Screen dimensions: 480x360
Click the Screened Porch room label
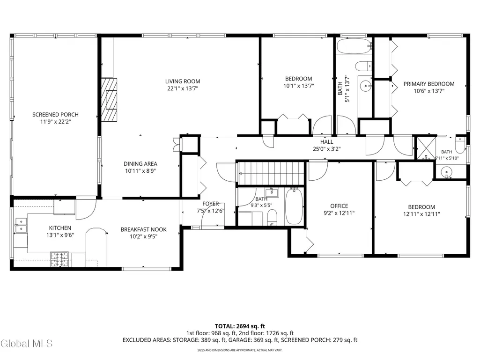(x=55, y=115)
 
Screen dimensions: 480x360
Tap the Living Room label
(x=183, y=81)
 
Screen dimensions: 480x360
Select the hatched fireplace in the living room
(x=109, y=100)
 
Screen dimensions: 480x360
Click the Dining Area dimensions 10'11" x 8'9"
(x=140, y=171)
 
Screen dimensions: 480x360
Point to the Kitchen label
(x=60, y=228)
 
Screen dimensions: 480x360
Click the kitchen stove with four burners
(x=59, y=259)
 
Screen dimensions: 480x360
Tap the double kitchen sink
(x=21, y=225)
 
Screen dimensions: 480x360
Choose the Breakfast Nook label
(x=144, y=229)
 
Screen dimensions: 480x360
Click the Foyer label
(x=211, y=204)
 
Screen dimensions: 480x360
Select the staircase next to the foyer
(x=272, y=173)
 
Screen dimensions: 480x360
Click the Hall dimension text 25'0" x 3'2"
(x=327, y=149)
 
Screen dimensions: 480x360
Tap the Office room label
(x=339, y=206)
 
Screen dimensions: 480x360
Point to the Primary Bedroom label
(x=429, y=84)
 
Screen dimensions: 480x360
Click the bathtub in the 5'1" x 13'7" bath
(x=354, y=46)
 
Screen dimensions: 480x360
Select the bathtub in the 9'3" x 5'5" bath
(x=294, y=206)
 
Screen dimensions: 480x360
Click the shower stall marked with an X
(x=427, y=148)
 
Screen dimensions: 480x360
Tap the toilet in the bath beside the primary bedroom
(x=460, y=145)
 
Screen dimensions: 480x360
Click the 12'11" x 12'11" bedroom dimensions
(x=421, y=214)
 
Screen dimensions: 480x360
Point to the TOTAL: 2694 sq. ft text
(x=240, y=326)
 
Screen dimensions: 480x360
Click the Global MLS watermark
(x=27, y=344)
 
